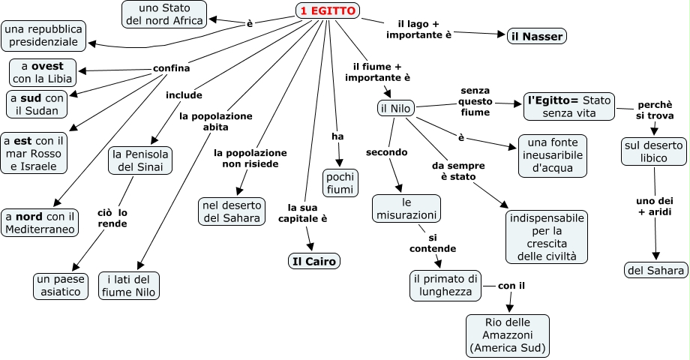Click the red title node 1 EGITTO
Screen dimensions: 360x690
[x=328, y=10]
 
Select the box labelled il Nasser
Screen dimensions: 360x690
[x=536, y=35]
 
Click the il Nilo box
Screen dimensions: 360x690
[x=395, y=109]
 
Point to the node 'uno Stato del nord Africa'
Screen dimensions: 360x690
[x=166, y=14]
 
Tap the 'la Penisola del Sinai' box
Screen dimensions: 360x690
[x=141, y=160]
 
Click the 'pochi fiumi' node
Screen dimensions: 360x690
[x=340, y=182]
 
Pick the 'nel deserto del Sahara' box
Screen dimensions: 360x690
[x=232, y=211]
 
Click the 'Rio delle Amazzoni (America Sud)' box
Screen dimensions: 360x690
[x=508, y=334]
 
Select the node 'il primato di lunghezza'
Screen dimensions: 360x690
[x=445, y=285]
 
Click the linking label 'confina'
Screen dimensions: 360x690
[x=171, y=68]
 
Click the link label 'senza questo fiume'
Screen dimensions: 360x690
[x=475, y=101]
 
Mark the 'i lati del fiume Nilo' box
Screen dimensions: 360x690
[x=129, y=285]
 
